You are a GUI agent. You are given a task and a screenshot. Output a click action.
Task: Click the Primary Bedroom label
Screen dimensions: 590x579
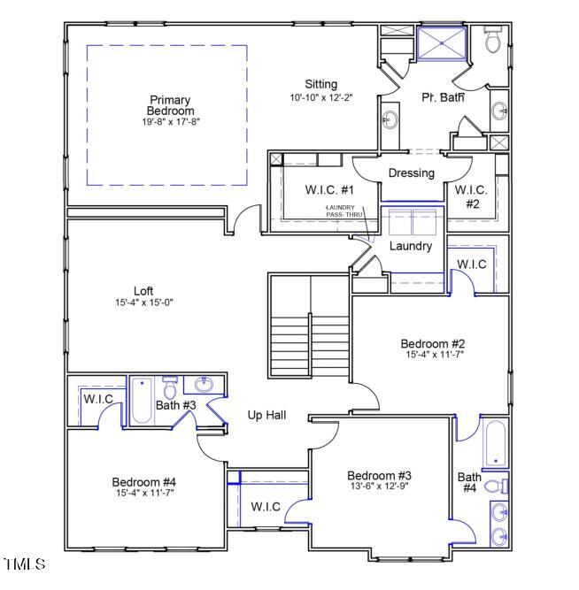171,105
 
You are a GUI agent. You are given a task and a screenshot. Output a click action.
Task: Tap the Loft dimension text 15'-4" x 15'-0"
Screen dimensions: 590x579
143,303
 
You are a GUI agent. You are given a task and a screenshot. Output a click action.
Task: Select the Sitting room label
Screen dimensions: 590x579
321,84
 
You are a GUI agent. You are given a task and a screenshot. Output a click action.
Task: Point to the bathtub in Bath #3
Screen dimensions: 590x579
143,401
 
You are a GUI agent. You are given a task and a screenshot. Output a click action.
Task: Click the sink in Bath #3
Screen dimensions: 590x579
205,385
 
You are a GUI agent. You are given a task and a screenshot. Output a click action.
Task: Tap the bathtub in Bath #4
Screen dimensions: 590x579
495,444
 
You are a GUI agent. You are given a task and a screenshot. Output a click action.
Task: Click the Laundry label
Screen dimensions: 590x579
411,246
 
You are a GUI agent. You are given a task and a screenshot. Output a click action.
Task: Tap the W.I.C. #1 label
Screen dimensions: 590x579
330,190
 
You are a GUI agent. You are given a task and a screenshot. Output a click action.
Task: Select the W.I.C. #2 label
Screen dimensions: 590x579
472,195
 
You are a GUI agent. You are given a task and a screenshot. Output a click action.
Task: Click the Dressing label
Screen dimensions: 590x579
411,172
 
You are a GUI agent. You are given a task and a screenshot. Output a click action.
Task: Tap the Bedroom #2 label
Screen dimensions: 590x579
432,343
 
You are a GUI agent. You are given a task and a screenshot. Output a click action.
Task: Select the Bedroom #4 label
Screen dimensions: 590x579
143,482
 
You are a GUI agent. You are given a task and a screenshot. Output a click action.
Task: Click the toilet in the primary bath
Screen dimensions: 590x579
492,40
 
